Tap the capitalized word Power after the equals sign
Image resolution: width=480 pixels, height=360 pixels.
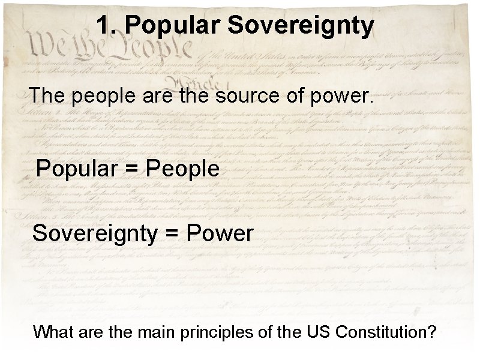pyautogui.click(x=220, y=233)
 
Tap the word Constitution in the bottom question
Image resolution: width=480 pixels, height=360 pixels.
pyautogui.click(x=368, y=332)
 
